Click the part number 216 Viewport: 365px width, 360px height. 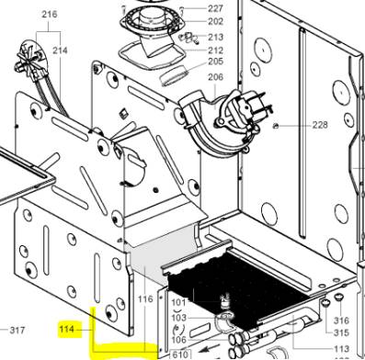50,14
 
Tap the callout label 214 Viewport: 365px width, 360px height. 60,50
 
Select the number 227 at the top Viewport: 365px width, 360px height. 215,8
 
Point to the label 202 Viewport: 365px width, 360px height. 215,21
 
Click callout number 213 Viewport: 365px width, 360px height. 215,37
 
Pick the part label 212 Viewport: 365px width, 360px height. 215,50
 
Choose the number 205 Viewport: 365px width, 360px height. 215,62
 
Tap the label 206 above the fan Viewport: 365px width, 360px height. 215,77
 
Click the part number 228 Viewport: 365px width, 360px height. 320,125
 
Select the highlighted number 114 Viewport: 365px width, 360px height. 67,330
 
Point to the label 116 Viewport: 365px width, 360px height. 145,298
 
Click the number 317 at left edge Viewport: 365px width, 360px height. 17,331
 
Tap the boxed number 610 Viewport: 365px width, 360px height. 180,354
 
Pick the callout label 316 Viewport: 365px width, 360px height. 341,321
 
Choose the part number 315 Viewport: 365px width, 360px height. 341,332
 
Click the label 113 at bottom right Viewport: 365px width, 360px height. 341,349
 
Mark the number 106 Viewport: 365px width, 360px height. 178,340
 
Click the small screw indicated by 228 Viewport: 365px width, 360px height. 276,125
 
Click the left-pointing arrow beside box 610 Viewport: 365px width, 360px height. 205,349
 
